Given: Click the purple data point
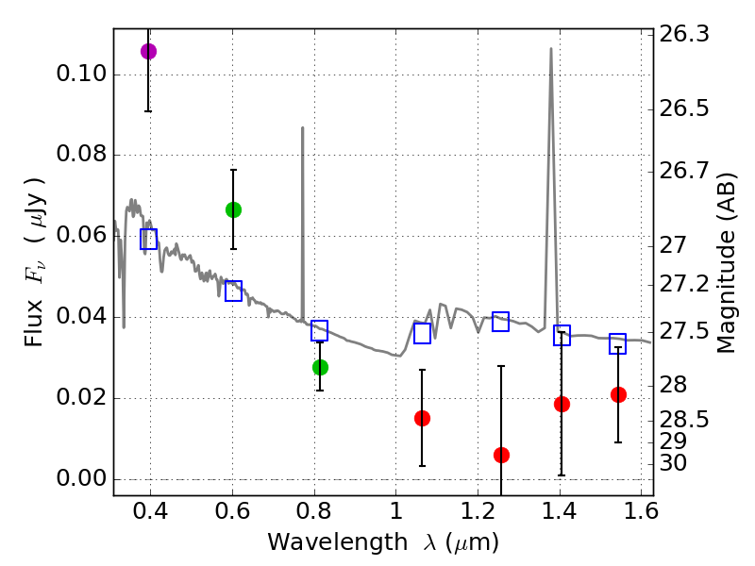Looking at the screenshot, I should (148, 51).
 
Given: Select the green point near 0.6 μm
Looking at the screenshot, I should (233, 209).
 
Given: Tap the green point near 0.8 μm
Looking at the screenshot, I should (320, 367).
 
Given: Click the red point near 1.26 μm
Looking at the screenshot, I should (501, 455).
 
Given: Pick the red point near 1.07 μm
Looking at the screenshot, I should (422, 418).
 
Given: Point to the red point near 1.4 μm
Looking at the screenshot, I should (562, 404).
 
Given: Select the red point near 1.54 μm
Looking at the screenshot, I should (618, 394).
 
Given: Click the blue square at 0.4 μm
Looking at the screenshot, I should (148, 239).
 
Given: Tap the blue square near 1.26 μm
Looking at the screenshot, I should (501, 322).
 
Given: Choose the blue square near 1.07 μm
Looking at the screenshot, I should (422, 333).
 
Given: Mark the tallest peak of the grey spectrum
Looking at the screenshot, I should (551, 48).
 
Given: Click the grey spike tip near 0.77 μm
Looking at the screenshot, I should (302, 127).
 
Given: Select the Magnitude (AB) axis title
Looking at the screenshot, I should (726, 262).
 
